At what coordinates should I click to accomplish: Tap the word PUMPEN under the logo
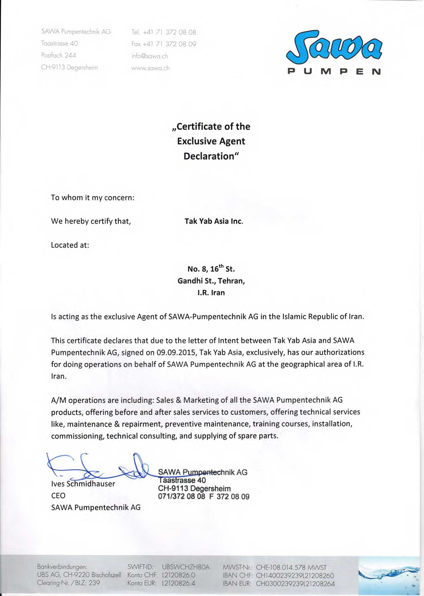(x=334, y=71)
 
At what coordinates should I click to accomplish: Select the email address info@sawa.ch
(x=149, y=56)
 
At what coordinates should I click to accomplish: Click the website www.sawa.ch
(x=150, y=68)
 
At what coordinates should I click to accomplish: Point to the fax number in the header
(x=164, y=44)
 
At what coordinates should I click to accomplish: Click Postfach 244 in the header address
(x=58, y=55)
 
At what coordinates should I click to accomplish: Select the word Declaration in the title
(x=209, y=156)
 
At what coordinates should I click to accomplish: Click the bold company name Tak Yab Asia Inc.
(x=214, y=221)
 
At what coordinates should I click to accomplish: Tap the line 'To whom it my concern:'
(x=92, y=198)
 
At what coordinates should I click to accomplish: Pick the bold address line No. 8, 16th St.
(x=211, y=269)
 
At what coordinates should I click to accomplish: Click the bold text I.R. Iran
(x=211, y=293)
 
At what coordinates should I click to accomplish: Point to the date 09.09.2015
(x=176, y=352)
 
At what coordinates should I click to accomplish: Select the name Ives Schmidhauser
(x=83, y=484)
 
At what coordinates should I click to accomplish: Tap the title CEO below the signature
(x=58, y=495)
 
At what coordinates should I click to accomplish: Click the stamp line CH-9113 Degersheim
(x=194, y=489)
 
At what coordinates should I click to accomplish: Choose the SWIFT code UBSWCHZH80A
(x=185, y=567)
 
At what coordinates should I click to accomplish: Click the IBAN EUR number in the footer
(x=295, y=584)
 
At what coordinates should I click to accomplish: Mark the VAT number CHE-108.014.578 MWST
(x=291, y=567)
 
